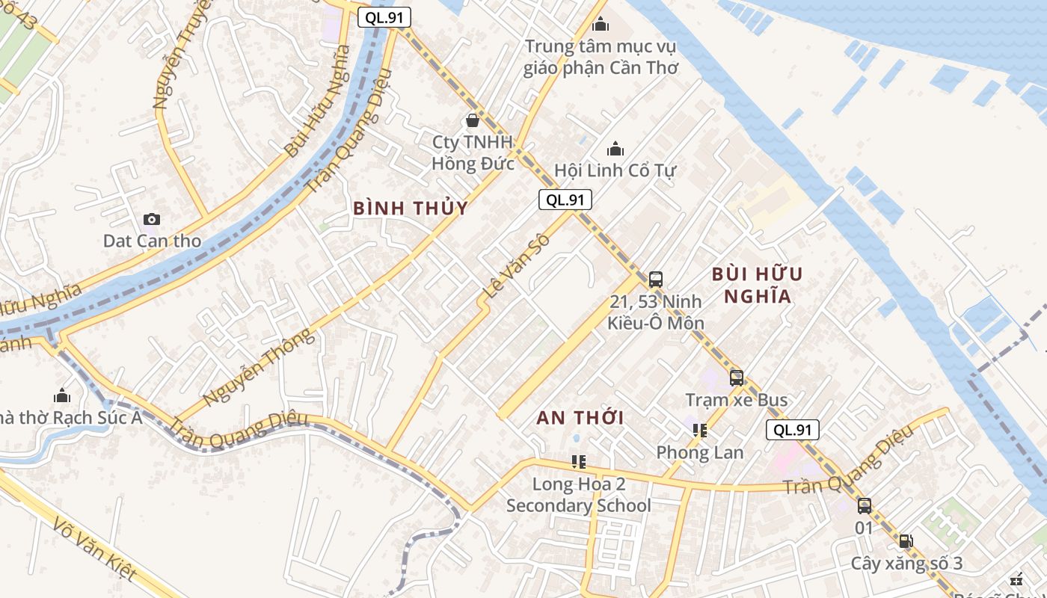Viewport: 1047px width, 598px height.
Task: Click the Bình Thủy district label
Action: (x=411, y=209)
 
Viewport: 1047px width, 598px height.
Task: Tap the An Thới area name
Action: (x=580, y=418)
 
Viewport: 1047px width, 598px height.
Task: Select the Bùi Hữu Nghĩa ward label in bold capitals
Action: (x=757, y=285)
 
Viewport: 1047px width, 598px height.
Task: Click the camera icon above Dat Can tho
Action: (x=152, y=219)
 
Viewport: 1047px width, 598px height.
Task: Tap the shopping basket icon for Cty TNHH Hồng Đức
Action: (x=472, y=120)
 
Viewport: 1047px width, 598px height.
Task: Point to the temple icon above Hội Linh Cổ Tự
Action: (x=615, y=149)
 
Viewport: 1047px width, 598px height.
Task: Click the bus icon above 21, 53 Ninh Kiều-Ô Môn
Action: (x=656, y=280)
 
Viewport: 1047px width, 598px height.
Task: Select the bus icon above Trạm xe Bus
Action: (x=737, y=377)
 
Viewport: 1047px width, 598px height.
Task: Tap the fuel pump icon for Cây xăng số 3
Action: (x=906, y=541)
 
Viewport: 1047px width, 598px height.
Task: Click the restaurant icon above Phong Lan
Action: (x=700, y=430)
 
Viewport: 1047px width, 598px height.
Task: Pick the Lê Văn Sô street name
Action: (x=518, y=267)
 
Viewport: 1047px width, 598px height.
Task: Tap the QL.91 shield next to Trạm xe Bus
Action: (x=792, y=430)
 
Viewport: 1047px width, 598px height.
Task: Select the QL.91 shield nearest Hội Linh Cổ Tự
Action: (x=565, y=200)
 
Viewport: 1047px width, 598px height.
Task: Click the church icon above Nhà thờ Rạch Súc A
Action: (x=62, y=395)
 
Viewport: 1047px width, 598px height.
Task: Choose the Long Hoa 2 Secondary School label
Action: (x=579, y=495)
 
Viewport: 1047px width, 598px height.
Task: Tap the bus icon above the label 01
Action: (x=865, y=506)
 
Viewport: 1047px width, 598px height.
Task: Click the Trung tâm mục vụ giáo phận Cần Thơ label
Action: (x=601, y=57)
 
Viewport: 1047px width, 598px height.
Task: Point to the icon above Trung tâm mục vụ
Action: (x=601, y=25)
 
